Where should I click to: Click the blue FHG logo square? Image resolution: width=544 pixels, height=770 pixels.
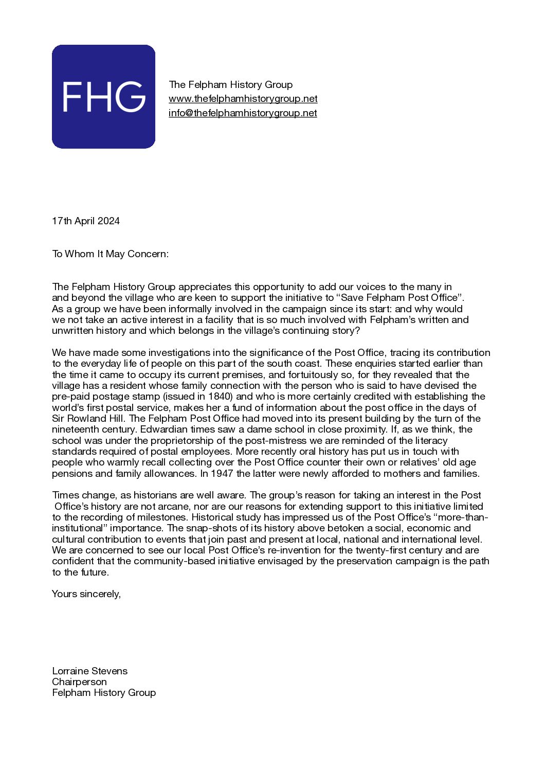[103, 97]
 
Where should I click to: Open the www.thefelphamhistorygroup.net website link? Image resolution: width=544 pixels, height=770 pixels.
[243, 99]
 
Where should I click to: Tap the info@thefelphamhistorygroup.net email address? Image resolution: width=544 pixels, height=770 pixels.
[243, 113]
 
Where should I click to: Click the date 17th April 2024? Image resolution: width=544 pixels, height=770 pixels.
[86, 221]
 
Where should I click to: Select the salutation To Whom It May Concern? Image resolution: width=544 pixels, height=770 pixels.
[110, 254]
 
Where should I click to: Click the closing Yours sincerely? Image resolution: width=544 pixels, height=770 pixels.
[86, 594]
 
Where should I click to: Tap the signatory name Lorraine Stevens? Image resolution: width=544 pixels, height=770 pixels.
[90, 671]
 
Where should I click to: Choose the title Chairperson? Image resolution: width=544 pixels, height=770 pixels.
[79, 682]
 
